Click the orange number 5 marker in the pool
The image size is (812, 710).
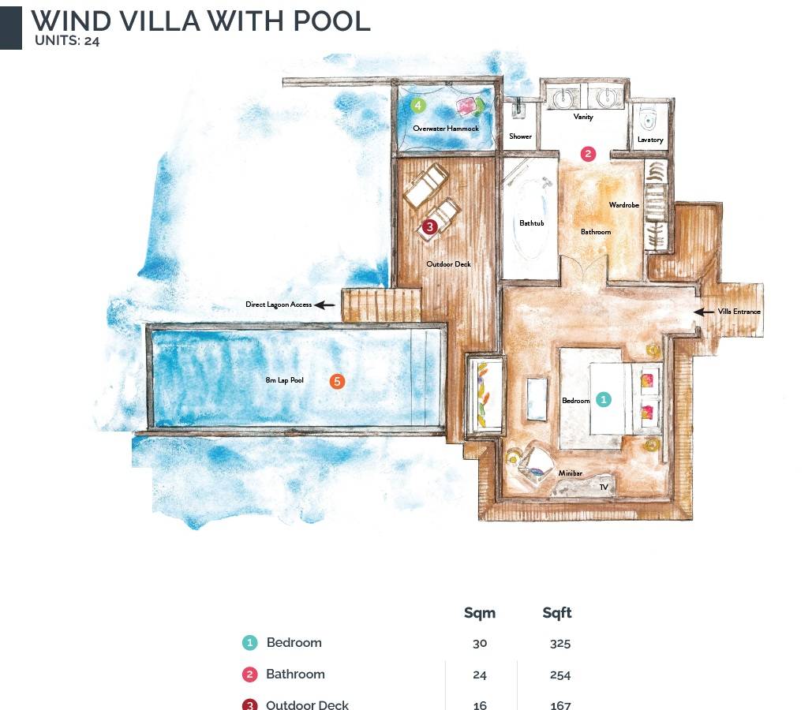click(337, 382)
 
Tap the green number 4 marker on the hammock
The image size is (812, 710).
click(418, 105)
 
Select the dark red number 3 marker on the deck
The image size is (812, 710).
click(429, 227)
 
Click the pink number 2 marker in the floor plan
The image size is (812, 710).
click(588, 154)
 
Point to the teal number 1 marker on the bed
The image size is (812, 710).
click(603, 399)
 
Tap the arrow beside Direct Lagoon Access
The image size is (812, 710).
click(324, 305)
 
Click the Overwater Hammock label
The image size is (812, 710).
click(446, 129)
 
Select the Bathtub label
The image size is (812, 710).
click(531, 223)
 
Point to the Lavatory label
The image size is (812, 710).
click(650, 140)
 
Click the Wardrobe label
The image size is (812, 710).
click(623, 205)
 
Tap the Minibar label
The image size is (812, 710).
click(570, 473)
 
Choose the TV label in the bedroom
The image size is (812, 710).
click(604, 488)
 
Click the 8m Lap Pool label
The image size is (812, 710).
click(285, 381)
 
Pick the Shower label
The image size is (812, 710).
click(520, 136)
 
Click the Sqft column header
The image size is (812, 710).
click(557, 613)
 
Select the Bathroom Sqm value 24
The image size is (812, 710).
click(480, 674)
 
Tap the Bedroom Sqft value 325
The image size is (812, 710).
click(560, 643)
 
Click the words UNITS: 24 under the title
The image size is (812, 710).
click(67, 42)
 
